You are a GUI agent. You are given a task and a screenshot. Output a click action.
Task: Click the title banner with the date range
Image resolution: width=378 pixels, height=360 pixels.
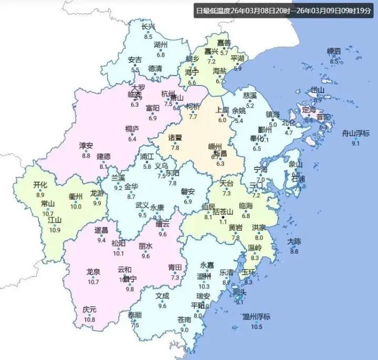283,10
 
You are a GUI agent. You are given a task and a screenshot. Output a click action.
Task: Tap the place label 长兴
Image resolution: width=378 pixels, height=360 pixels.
149,27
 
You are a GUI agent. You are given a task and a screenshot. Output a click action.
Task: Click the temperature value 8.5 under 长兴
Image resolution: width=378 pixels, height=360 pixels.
148,37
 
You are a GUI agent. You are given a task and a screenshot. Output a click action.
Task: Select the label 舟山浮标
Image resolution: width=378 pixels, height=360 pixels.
356,133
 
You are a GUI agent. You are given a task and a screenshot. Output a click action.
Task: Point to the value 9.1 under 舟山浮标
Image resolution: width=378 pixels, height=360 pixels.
355,143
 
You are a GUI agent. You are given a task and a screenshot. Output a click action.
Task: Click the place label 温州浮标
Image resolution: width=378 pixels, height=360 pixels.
256,316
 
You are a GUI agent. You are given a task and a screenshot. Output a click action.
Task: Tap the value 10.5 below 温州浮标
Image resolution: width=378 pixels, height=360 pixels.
256,327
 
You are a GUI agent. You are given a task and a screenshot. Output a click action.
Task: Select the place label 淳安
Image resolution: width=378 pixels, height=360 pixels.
86,145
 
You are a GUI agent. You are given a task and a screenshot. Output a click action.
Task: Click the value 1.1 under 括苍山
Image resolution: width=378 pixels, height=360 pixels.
224,222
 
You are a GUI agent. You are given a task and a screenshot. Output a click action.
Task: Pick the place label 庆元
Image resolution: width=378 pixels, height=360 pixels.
90,309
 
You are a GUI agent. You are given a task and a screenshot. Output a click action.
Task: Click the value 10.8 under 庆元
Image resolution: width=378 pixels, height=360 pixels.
90,320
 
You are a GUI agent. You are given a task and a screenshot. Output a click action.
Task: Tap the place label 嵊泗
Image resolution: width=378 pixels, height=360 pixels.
334,51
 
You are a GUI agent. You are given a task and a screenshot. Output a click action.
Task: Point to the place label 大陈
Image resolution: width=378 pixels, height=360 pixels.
294,241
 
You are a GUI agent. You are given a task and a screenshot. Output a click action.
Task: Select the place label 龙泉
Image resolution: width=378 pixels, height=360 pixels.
93,272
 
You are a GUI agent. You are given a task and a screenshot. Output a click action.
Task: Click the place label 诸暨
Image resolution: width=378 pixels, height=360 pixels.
175,138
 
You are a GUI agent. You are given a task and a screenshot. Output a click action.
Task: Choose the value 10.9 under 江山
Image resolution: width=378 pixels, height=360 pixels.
55,230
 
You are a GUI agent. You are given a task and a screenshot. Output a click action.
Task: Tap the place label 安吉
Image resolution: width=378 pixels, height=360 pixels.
135,60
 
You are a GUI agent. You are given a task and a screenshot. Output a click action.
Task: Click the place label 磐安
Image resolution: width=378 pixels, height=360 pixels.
188,192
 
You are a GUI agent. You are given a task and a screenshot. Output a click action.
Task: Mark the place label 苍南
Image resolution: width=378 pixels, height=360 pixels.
184,320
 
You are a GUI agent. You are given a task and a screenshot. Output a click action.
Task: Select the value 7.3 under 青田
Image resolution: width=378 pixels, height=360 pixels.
175,278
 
